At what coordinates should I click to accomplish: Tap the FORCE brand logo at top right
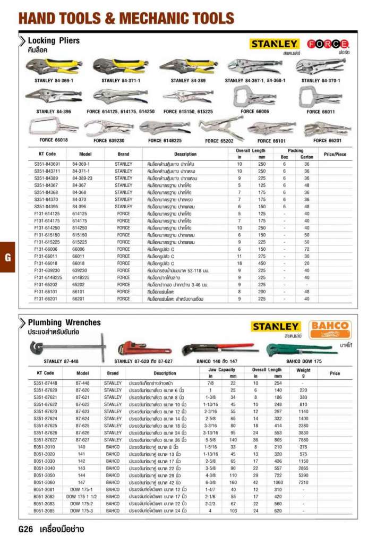329,44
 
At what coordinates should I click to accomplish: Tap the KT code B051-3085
46,511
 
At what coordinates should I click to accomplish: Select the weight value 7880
303,440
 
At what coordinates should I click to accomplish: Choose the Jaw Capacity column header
221,369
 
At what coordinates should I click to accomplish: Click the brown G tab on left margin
7,257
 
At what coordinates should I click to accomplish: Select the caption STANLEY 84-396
54,112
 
